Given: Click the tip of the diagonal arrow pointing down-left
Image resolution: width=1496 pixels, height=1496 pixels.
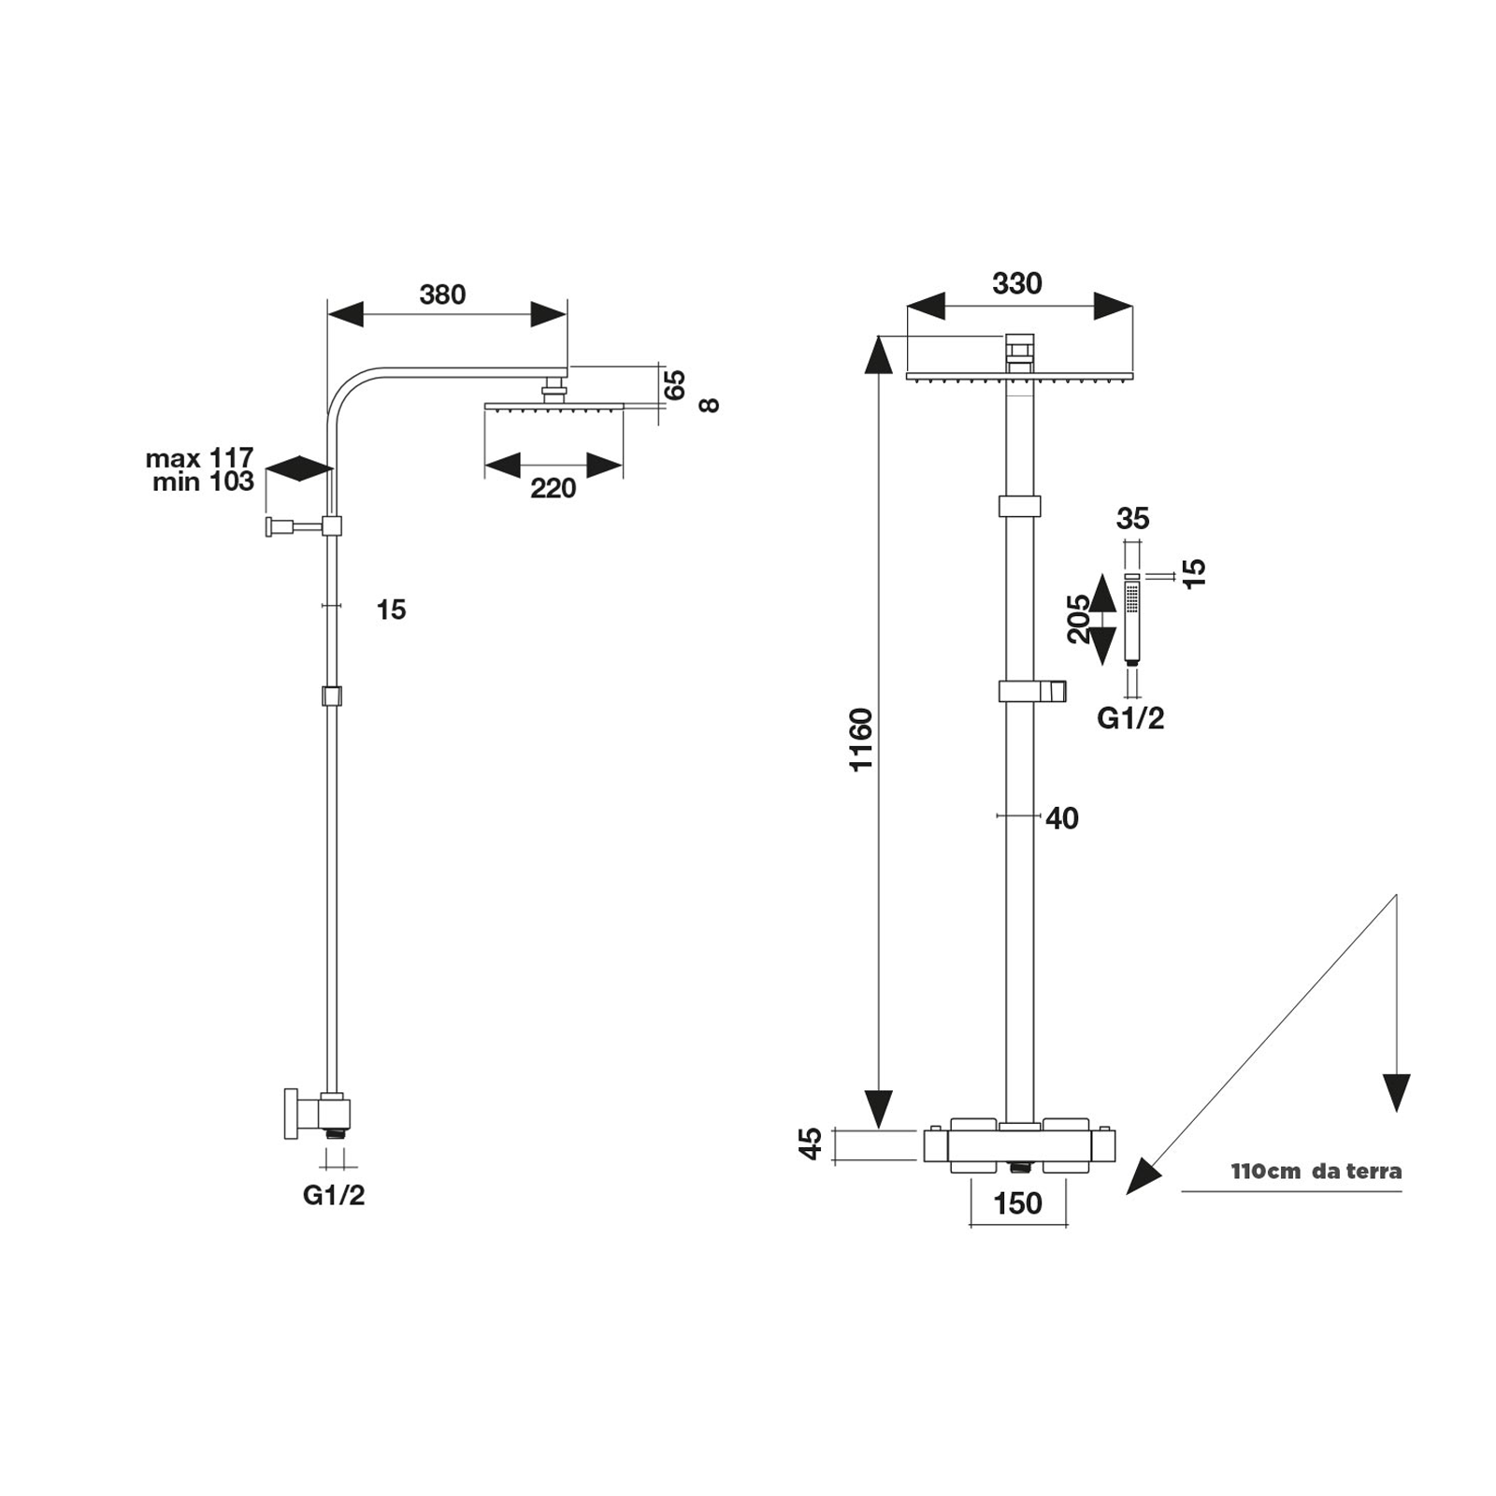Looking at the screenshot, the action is click(x=1127, y=1194).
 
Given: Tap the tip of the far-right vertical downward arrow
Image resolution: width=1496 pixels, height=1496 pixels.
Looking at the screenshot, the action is click(x=1396, y=1112).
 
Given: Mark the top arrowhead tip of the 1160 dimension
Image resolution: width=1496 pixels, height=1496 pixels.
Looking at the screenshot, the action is click(x=878, y=335).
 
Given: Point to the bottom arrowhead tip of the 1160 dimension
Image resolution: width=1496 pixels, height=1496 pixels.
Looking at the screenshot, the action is click(x=878, y=1129).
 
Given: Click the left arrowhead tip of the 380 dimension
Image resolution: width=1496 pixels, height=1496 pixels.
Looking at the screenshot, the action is click(x=327, y=314).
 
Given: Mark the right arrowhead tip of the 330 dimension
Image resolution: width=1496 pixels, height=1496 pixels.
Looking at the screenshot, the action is click(x=1132, y=306).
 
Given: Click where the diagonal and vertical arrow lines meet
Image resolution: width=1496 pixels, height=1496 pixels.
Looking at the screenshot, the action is click(x=1396, y=895).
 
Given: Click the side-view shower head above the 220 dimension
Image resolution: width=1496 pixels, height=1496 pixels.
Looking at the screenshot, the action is click(x=554, y=397).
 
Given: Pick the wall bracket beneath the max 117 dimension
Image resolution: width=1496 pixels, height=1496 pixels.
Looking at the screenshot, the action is click(x=304, y=526).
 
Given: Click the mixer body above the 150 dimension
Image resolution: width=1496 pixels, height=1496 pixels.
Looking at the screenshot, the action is click(x=1019, y=1145).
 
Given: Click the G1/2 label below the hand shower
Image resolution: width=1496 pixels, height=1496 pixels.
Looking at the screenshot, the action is click(x=1130, y=718).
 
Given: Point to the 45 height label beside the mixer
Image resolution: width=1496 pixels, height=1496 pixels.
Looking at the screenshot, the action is click(x=811, y=1144).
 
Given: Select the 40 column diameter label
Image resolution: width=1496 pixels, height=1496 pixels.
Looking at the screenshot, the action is click(x=1062, y=818).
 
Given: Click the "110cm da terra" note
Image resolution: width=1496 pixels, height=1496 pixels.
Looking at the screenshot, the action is click(x=1316, y=1171).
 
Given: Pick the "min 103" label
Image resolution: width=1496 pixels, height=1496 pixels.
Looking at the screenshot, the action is click(x=203, y=482).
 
